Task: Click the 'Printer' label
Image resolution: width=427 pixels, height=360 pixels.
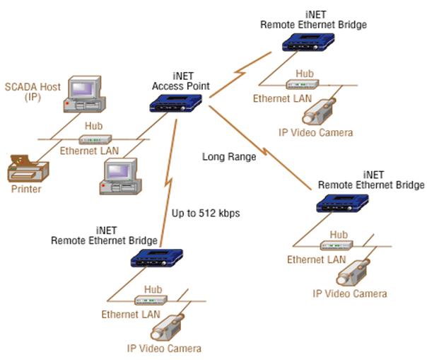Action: pos(26,189)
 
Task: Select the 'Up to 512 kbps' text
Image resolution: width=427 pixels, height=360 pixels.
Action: pos(204,211)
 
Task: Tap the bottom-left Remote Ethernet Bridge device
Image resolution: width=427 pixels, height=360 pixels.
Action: pos(158,257)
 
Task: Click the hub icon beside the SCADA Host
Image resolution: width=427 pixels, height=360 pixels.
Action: pos(93,139)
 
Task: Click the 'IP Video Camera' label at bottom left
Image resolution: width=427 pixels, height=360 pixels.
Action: pos(164,348)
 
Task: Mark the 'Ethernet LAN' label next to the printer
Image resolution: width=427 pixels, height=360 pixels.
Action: pos(88,151)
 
